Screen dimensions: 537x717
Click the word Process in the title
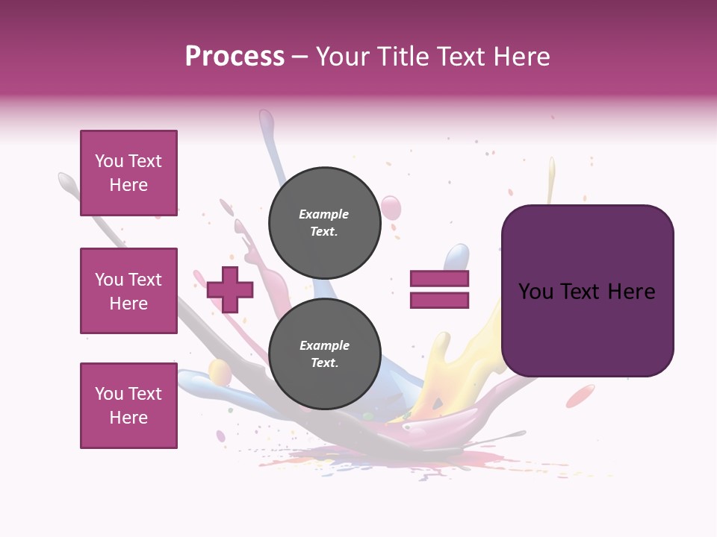(x=235, y=57)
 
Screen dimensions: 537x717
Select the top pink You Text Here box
(x=128, y=173)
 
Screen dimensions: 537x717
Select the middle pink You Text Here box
(x=128, y=291)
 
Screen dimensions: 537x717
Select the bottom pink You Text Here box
(x=128, y=406)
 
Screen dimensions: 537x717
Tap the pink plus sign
(x=230, y=289)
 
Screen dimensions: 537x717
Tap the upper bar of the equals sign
(x=439, y=279)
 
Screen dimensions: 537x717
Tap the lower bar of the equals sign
(x=439, y=301)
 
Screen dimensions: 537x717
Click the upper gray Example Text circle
(x=324, y=223)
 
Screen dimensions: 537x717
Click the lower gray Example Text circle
(x=324, y=354)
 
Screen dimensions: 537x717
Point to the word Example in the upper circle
(x=323, y=214)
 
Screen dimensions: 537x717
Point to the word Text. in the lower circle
(x=324, y=363)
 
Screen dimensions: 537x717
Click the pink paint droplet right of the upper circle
(x=391, y=207)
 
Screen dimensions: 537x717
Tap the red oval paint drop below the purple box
(x=580, y=396)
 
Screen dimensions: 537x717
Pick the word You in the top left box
(x=109, y=161)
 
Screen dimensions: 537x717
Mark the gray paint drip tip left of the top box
(x=66, y=180)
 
